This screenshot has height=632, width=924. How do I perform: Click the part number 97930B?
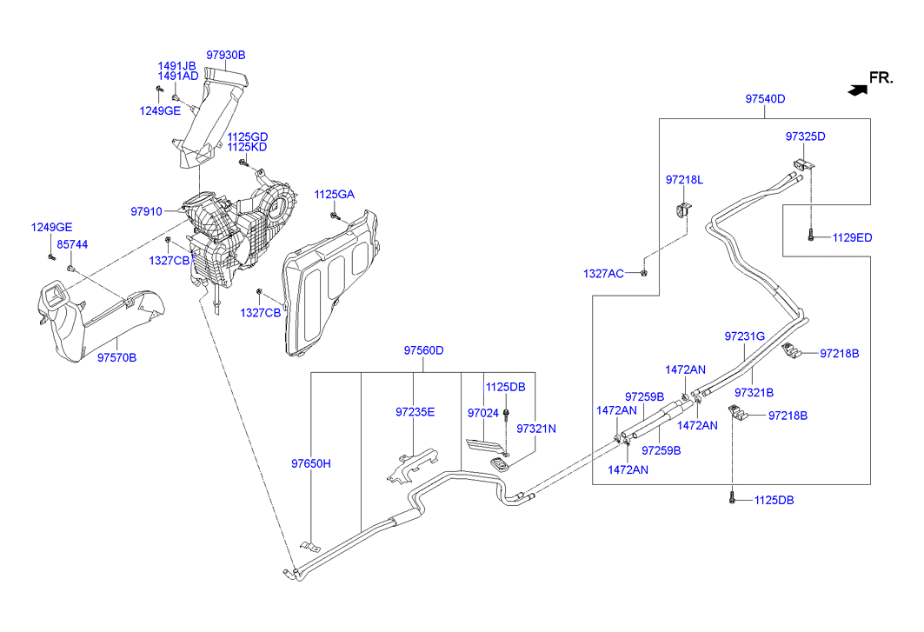coord(226,55)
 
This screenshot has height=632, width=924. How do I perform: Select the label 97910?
coord(147,211)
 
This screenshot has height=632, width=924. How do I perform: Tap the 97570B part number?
coord(116,357)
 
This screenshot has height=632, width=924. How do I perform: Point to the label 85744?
coord(72,245)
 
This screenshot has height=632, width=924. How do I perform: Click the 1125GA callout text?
coord(335,194)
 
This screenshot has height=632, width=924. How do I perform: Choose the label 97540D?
coord(765,99)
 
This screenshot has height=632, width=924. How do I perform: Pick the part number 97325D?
coord(805,136)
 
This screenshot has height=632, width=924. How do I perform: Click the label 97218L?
coord(684,180)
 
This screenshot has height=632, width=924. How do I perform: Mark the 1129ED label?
coord(852,237)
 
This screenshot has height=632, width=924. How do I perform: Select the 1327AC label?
coord(603,274)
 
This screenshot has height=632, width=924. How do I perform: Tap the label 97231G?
coord(744,336)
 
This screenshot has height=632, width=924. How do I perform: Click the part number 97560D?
coord(423,350)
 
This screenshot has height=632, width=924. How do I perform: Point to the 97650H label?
coord(311,463)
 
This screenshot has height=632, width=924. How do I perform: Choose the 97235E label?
coord(415,412)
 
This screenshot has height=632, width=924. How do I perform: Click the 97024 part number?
coord(482,412)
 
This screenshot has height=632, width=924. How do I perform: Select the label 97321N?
coord(536,429)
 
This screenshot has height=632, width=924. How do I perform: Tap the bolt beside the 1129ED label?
coord(811,235)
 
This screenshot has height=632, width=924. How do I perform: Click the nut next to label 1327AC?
coord(643,274)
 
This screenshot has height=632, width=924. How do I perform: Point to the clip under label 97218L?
coord(683,210)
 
